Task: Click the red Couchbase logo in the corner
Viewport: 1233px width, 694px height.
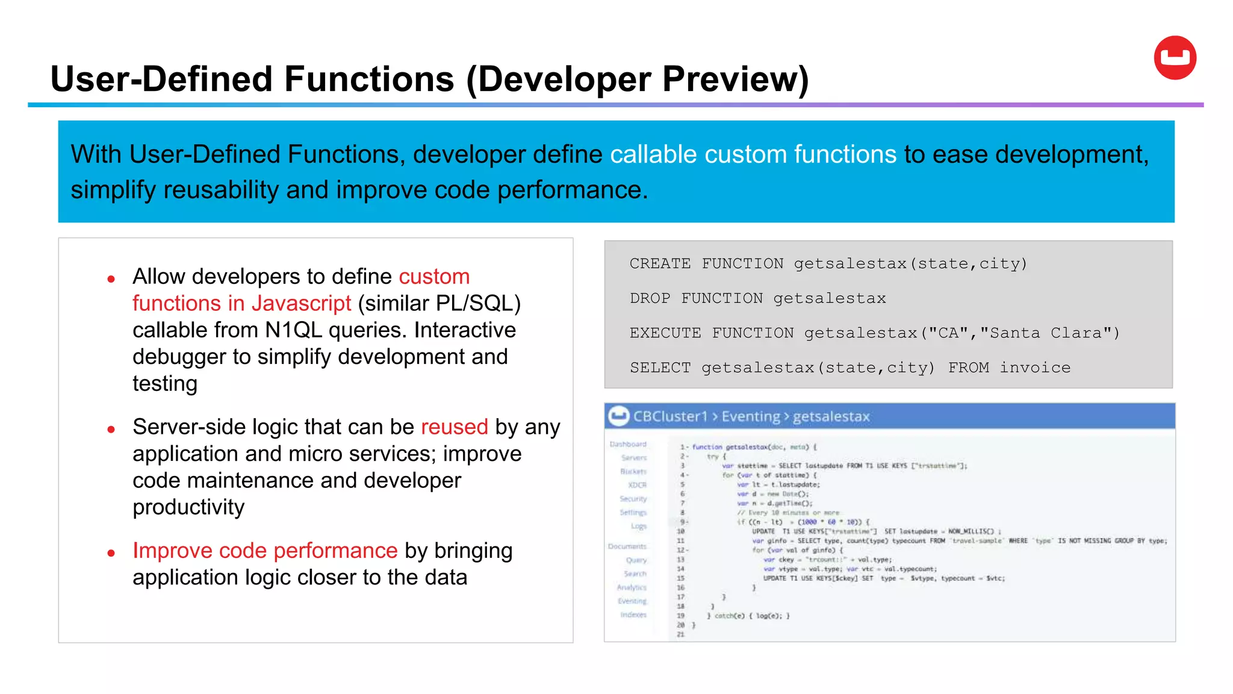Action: [x=1175, y=58]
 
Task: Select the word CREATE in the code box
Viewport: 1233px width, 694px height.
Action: [x=660, y=264]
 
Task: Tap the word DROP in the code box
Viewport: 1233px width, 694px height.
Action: [x=650, y=299]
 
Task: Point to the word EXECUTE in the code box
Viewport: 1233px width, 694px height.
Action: [x=665, y=333]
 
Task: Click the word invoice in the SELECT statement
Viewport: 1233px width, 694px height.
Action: [x=1035, y=368]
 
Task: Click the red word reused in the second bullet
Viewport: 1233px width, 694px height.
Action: [x=454, y=427]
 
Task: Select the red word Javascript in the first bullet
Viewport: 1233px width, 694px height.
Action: [x=301, y=303]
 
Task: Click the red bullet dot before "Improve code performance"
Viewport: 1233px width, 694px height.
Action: [x=111, y=553]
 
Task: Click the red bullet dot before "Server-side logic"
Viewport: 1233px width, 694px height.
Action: [x=111, y=430]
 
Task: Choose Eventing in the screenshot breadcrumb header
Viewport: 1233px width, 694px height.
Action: [x=750, y=416]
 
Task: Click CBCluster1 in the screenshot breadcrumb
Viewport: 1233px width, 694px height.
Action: [x=669, y=416]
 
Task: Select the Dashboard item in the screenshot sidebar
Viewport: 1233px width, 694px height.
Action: [x=628, y=444]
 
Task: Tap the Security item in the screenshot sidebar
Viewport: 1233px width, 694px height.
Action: [x=633, y=499]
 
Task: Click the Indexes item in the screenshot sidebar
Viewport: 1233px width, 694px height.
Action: [x=633, y=615]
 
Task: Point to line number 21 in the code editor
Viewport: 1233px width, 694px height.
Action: [x=680, y=634]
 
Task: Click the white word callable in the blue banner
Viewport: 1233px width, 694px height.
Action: [x=654, y=154]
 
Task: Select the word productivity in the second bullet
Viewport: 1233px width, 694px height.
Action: [x=188, y=507]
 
